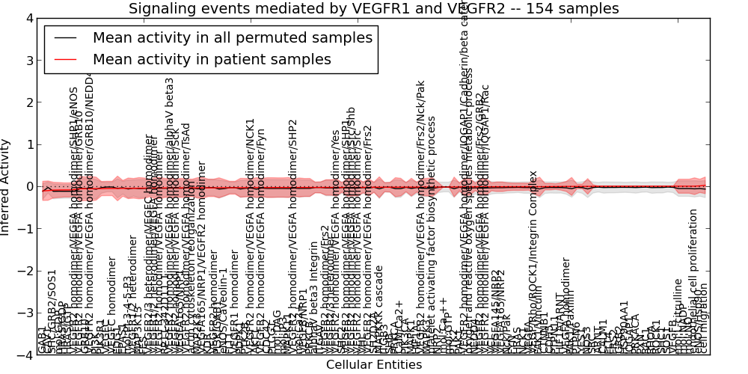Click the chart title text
click(373, 9)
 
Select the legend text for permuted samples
click(232, 37)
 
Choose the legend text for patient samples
click(212, 59)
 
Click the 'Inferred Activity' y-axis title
click(6, 187)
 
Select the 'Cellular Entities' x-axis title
click(373, 365)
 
